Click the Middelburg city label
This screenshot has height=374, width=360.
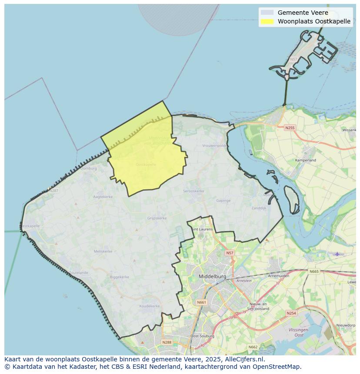tap(213, 276)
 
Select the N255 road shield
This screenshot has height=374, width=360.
tap(290, 128)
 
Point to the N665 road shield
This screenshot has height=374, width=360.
tap(314, 271)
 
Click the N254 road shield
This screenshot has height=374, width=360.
tap(291, 313)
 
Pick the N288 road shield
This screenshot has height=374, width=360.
tap(167, 342)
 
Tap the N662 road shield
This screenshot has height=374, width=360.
tap(253, 347)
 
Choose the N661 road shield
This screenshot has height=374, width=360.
tap(202, 302)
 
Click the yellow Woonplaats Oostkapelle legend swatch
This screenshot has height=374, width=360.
tap(267, 21)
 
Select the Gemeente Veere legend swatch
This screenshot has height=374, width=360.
tap(267, 13)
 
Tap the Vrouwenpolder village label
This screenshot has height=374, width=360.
tap(214, 146)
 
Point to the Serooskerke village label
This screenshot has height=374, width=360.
tap(193, 191)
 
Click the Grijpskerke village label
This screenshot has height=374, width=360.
tap(157, 218)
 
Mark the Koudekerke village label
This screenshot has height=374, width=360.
tap(150, 306)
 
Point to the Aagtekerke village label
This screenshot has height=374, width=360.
tap(103, 197)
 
